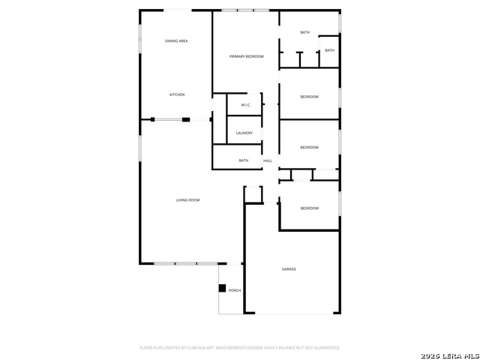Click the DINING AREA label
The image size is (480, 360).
click(176, 40)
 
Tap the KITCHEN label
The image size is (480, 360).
click(177, 94)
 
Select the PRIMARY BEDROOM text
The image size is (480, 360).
click(246, 56)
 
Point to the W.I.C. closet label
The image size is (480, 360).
click(245, 105)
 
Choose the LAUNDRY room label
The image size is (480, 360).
click(244, 133)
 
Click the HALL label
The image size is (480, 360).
click(267, 160)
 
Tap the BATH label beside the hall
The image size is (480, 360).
click(244, 160)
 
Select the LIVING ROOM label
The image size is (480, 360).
click(187, 200)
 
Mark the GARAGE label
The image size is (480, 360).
click(289, 269)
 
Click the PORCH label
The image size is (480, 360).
click(235, 290)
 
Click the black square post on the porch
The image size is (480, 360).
click(222, 288)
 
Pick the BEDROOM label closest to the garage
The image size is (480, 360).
click(309, 208)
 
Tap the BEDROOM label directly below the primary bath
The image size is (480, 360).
click(309, 97)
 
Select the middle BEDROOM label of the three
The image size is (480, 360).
click(309, 147)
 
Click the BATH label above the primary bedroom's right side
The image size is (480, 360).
click(304, 32)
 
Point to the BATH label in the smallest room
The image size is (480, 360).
click(329, 51)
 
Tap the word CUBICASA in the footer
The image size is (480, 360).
click(197, 348)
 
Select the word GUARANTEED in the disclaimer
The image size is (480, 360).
click(326, 348)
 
